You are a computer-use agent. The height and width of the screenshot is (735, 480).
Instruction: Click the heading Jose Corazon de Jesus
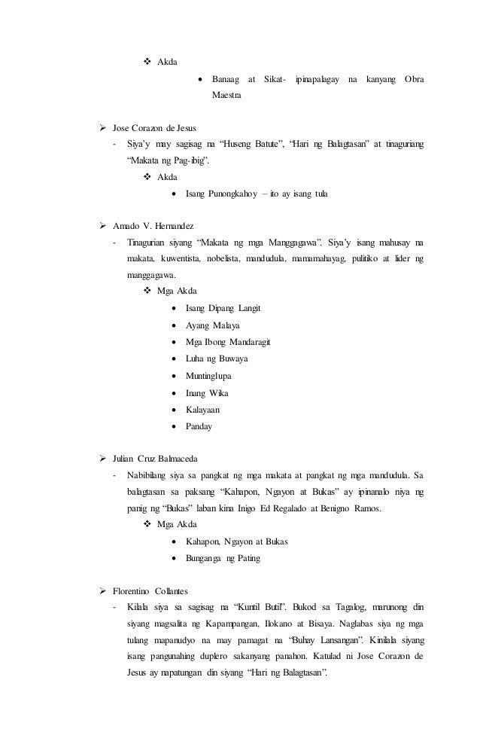click(153, 128)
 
